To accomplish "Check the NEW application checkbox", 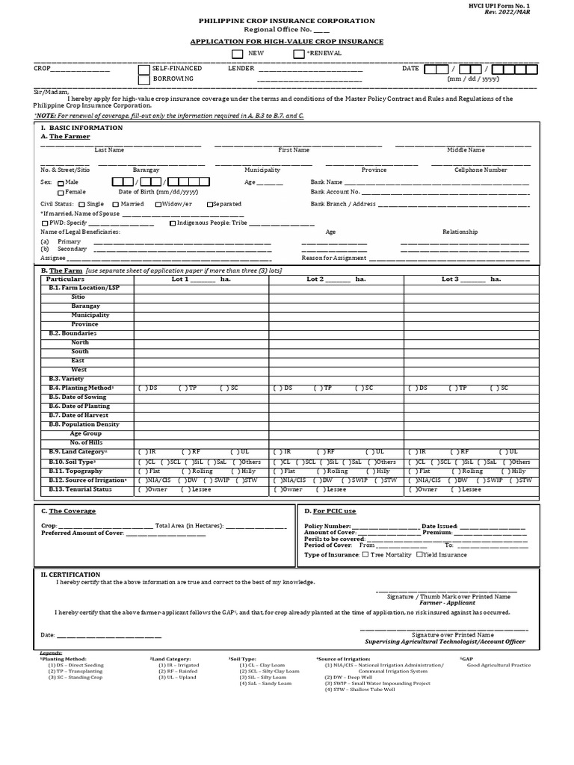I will pos(237,54).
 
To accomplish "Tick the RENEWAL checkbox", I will pos(299,54).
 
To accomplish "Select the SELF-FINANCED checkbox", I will pos(144,69).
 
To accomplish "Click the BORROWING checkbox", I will pos(144,79).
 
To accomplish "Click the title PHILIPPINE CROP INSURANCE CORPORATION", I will pos(287,21).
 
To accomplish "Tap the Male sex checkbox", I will pos(61,182).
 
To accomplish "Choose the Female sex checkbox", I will pos(61,193).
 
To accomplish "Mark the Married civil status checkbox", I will pos(115,204).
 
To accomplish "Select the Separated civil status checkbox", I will pos(210,204).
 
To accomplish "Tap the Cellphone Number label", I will pos(481,170).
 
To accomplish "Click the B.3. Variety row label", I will pos(67,379).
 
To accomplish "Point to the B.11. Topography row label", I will pos(75,471).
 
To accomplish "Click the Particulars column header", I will pos(66,279).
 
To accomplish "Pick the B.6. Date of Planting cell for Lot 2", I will pos(336,406).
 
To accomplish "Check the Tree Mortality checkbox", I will pos(365,554).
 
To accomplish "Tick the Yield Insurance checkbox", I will pos(420,554).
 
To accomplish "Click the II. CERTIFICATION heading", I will pos(70,574).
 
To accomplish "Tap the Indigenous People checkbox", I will pos(173,223).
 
